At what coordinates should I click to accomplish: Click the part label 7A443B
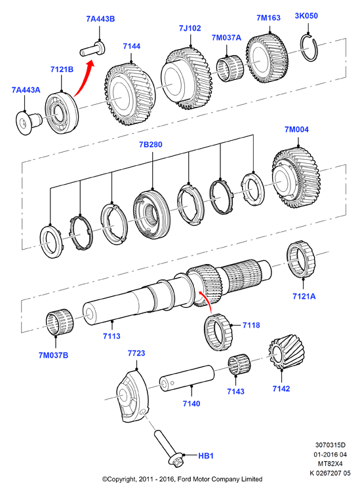[x=100, y=19]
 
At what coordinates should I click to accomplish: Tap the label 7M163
[x=269, y=18]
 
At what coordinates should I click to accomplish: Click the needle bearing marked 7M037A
[x=230, y=69]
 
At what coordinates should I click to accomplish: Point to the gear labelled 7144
[x=130, y=94]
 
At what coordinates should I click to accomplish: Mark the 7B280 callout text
[x=151, y=145]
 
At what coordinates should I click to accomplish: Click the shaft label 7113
[x=111, y=336]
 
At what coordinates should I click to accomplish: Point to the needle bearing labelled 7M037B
[x=59, y=322]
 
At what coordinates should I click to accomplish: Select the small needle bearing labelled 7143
[x=239, y=366]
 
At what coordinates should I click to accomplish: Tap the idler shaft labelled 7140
[x=187, y=378]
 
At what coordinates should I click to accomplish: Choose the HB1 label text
[x=206, y=455]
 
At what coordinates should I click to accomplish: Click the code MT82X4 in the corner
[x=330, y=463]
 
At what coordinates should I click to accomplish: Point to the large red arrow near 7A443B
[x=84, y=79]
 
